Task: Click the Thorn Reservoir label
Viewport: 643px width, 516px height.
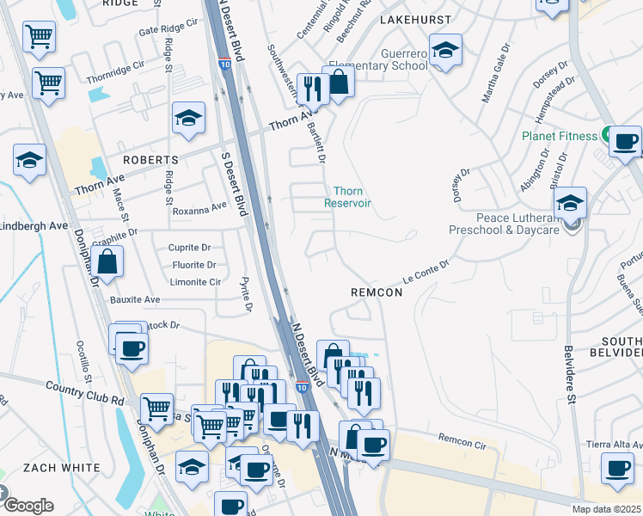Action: (347, 197)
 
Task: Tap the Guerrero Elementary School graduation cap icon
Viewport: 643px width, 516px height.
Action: (445, 51)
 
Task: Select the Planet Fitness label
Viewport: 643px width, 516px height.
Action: (559, 136)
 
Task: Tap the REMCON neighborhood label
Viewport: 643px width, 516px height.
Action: (377, 292)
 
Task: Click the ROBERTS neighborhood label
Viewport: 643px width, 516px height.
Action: (150, 160)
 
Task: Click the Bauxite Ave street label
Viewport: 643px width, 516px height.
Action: (135, 299)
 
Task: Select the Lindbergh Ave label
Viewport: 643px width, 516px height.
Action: (34, 225)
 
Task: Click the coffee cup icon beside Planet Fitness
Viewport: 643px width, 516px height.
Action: (626, 139)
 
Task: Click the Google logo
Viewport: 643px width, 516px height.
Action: (28, 505)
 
